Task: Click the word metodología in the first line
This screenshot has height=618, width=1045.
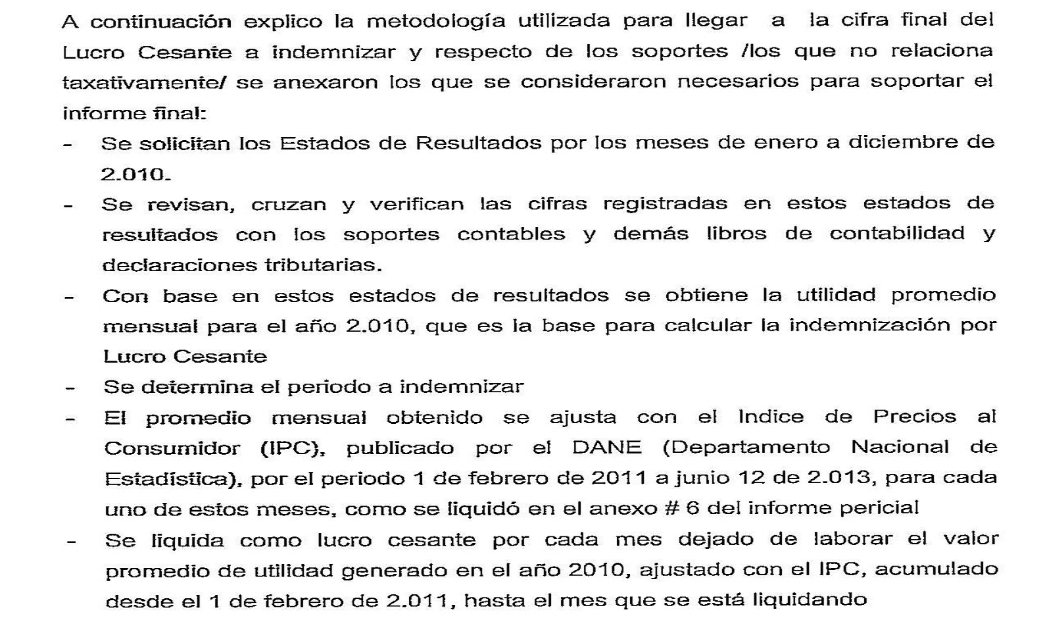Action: pos(436,22)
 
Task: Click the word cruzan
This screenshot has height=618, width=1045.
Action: pos(288,205)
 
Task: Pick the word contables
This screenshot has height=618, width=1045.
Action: pos(511,235)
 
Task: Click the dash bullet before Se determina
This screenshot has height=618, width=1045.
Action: pos(69,388)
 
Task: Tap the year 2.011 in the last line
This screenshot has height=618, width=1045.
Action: pos(420,600)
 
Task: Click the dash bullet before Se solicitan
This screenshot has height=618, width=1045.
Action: pos(68,145)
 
